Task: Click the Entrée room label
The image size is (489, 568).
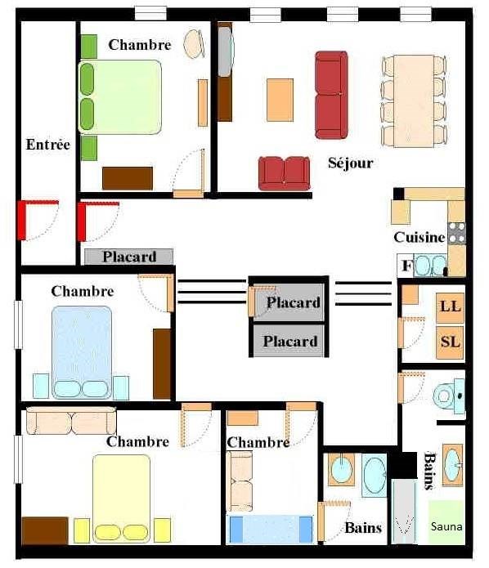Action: (x=48, y=145)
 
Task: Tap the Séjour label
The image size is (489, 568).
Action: (x=351, y=163)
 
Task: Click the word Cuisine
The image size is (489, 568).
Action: (x=419, y=237)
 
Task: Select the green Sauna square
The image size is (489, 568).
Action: (x=446, y=522)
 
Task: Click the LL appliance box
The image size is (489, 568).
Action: (x=451, y=307)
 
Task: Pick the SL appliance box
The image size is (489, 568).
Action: (x=451, y=342)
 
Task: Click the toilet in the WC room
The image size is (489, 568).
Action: (x=449, y=396)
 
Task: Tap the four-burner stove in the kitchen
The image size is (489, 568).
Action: (x=457, y=233)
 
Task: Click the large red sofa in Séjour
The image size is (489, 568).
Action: (x=331, y=95)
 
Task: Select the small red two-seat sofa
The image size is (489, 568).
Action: (x=285, y=173)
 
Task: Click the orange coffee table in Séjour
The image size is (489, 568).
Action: (x=280, y=100)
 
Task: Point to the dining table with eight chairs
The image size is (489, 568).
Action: (x=414, y=101)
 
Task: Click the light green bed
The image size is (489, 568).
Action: (x=119, y=97)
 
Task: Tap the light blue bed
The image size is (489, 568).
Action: (x=82, y=352)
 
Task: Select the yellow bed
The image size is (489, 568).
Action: (x=122, y=499)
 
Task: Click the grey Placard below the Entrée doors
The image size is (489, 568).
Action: (x=128, y=257)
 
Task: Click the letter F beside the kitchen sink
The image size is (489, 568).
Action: (x=406, y=266)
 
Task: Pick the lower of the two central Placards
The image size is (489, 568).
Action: (x=289, y=342)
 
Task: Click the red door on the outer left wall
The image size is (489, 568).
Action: (x=22, y=220)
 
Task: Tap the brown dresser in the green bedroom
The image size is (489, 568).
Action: (x=128, y=178)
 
